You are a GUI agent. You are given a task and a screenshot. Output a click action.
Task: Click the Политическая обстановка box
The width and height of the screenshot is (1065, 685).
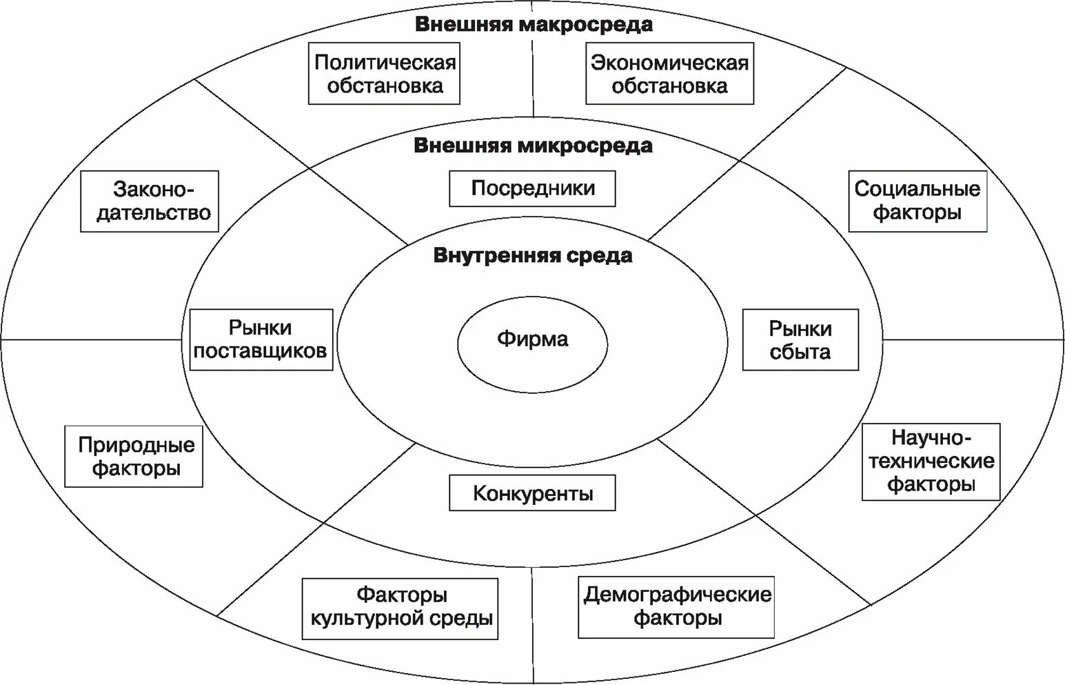384,74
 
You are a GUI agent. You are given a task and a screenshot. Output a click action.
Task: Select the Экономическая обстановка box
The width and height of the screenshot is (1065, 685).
669,74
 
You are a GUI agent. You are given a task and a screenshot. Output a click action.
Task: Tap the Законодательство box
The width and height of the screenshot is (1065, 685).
150,201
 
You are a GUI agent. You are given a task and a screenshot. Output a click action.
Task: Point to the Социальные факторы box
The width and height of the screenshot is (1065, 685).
917,201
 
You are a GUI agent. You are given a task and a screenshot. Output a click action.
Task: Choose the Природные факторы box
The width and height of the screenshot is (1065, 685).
134,457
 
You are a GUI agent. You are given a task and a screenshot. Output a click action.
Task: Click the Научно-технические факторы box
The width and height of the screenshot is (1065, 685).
931,461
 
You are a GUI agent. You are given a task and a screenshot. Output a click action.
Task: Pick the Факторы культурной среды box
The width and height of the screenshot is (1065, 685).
400,608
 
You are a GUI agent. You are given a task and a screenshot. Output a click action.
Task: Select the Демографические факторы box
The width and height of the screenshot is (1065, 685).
676,607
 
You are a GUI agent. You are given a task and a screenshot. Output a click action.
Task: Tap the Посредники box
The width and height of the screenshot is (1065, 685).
532,188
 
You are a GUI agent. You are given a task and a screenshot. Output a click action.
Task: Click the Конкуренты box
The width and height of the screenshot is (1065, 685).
532,493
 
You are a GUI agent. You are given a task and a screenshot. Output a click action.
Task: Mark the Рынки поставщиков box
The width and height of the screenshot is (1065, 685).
261,339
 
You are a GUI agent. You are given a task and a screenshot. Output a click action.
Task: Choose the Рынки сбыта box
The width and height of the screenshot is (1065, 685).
800,339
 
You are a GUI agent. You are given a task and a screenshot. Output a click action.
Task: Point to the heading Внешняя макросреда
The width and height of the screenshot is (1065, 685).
534,25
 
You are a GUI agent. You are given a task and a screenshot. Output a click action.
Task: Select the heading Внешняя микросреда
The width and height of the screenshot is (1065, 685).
533,146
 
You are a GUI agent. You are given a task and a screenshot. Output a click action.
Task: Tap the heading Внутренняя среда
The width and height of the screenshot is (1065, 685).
533,256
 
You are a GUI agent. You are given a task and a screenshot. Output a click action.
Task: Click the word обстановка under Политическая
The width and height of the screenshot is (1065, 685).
385,86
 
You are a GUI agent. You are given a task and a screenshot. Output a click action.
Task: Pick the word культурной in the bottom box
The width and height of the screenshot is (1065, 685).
367,618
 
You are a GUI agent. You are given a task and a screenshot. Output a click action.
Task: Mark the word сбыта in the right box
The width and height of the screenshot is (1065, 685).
800,352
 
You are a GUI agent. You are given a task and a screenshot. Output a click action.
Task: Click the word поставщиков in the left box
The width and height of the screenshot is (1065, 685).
261,351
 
